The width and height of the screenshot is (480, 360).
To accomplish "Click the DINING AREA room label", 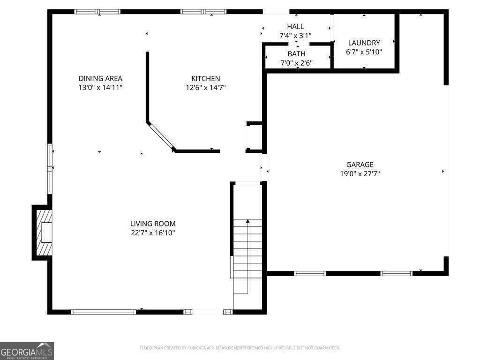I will pyautogui.click(x=100, y=79).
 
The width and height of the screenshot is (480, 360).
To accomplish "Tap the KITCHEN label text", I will pyautogui.click(x=205, y=79).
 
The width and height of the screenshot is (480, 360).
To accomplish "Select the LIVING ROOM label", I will pyautogui.click(x=153, y=224).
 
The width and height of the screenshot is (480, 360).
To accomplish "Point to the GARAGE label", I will pyautogui.click(x=360, y=165).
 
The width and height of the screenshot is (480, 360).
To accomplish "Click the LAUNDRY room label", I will pyautogui.click(x=364, y=43).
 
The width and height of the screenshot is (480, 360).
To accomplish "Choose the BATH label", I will pyautogui.click(x=296, y=54).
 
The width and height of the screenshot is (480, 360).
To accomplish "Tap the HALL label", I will pyautogui.click(x=295, y=27).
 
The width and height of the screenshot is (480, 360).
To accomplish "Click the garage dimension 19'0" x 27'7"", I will pyautogui.click(x=360, y=173).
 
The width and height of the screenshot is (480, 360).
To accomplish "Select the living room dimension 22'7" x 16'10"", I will pyautogui.click(x=153, y=233).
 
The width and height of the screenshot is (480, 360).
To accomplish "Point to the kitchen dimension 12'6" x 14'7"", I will pyautogui.click(x=206, y=87).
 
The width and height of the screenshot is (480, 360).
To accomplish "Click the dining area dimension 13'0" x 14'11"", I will pyautogui.click(x=100, y=87).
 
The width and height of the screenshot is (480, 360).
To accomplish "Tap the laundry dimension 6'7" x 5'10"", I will pyautogui.click(x=364, y=52).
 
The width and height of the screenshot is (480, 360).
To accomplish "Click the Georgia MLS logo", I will pyautogui.click(x=27, y=351).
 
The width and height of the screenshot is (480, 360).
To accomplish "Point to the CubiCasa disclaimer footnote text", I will pyautogui.click(x=240, y=348).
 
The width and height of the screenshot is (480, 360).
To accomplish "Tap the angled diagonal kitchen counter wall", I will pyautogui.click(x=161, y=136).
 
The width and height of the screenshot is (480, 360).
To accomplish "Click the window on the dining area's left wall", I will pyautogui.click(x=50, y=168).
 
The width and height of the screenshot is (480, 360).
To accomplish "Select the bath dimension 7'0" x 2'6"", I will pyautogui.click(x=296, y=63).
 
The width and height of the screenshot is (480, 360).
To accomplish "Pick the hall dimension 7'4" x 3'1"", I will pyautogui.click(x=295, y=35).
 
